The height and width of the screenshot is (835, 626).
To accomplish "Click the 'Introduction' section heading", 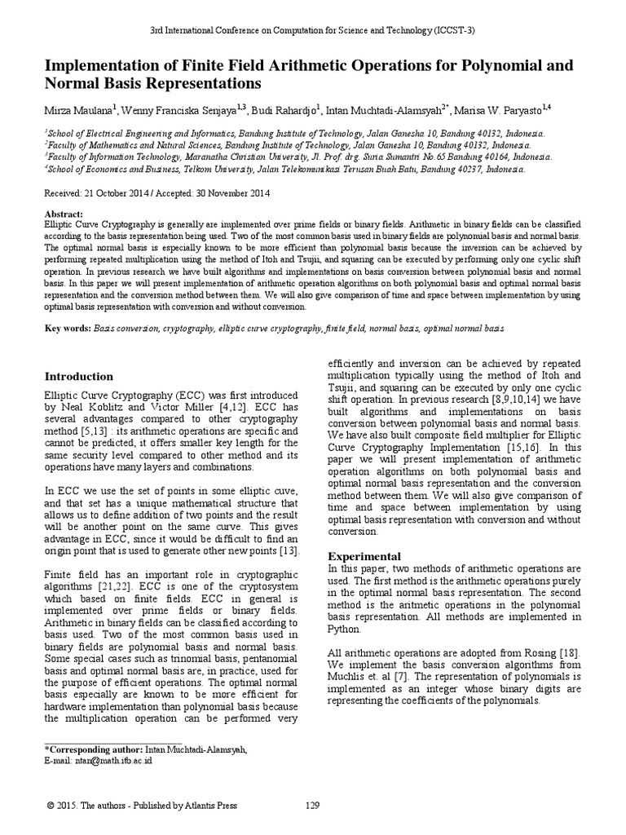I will pos(78,377).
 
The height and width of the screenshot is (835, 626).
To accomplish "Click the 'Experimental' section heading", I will pos(364,555).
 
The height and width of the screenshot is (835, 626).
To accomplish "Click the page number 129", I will pos(312,806).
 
